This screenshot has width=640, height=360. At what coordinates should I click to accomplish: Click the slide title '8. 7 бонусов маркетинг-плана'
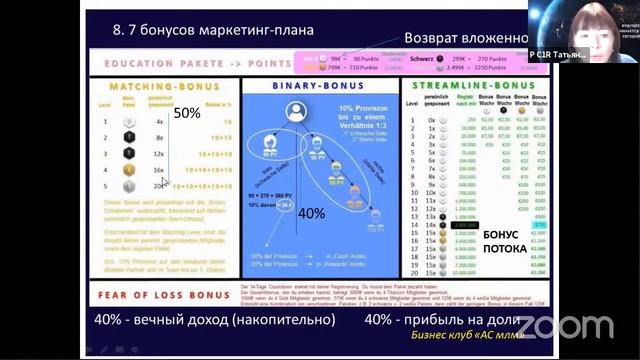(x=214, y=30)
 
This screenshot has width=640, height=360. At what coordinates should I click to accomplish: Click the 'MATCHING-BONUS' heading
(x=161, y=87)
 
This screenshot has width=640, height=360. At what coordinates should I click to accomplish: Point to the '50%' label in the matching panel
(x=188, y=113)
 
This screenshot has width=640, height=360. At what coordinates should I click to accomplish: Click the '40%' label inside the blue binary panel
(x=312, y=212)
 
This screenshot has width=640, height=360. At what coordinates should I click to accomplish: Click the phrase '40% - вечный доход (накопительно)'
(x=214, y=320)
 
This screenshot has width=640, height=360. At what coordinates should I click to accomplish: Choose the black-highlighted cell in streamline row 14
(x=464, y=226)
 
